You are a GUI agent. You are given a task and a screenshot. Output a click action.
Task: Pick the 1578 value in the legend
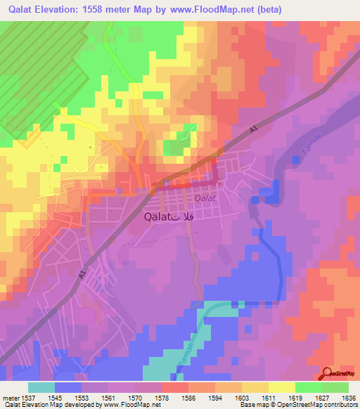162,397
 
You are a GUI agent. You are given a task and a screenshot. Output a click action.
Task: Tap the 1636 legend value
348,397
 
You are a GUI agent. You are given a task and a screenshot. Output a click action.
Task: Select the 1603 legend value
242,397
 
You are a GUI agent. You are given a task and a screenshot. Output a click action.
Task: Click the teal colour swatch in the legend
41,387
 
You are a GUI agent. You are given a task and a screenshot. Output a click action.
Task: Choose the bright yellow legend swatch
281,387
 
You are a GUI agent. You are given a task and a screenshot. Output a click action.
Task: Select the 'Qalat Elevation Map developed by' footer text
44,405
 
